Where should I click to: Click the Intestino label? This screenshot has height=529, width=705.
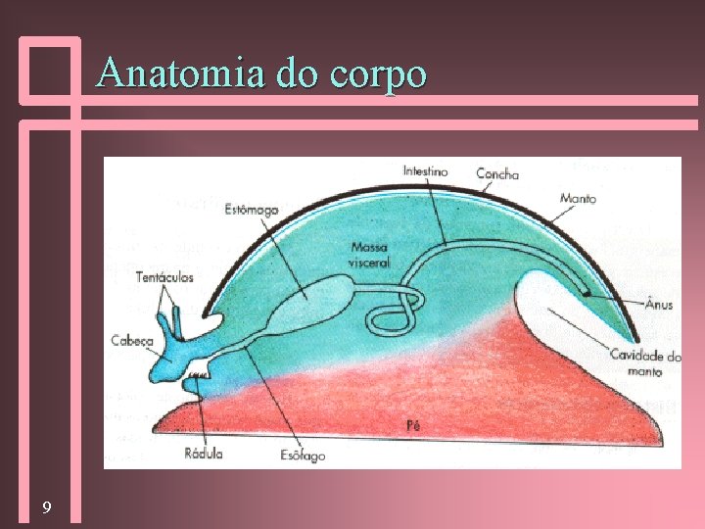click(x=425, y=172)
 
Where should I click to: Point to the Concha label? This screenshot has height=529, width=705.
click(x=497, y=174)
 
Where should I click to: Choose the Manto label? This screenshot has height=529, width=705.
click(x=578, y=197)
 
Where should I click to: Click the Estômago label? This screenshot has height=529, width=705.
click(x=252, y=210)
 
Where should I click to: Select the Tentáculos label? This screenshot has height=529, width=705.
click(x=165, y=277)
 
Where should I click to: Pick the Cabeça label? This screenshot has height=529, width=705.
click(x=132, y=340)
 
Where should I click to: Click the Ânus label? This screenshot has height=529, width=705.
click(x=659, y=305)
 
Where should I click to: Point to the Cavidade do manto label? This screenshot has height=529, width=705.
click(x=645, y=362)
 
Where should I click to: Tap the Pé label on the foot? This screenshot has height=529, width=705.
click(x=413, y=426)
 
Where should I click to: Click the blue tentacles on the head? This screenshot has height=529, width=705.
click(x=174, y=319)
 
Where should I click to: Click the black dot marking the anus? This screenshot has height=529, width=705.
click(x=587, y=290)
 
